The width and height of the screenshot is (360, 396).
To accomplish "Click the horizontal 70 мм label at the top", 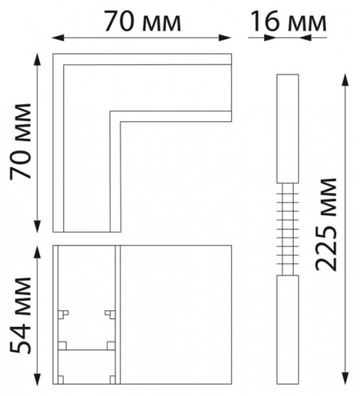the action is tap(143, 20).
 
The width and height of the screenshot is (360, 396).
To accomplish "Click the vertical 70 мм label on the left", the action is tap(20, 141).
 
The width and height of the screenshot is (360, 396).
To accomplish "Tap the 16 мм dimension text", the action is tap(289, 21).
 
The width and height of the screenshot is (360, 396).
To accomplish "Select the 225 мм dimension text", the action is tap(326, 224).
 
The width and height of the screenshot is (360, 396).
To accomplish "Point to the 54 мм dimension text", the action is tap(20, 315).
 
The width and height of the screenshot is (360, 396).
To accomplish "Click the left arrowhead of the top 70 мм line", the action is tap(58, 38).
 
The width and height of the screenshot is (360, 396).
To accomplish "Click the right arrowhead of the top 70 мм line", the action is tap(225, 38).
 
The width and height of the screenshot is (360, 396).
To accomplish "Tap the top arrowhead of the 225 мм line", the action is tap(345, 80).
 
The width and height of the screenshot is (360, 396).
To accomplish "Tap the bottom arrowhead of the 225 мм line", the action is tap(345, 378).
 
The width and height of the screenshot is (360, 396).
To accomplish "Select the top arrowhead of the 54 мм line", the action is tap(38, 252).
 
